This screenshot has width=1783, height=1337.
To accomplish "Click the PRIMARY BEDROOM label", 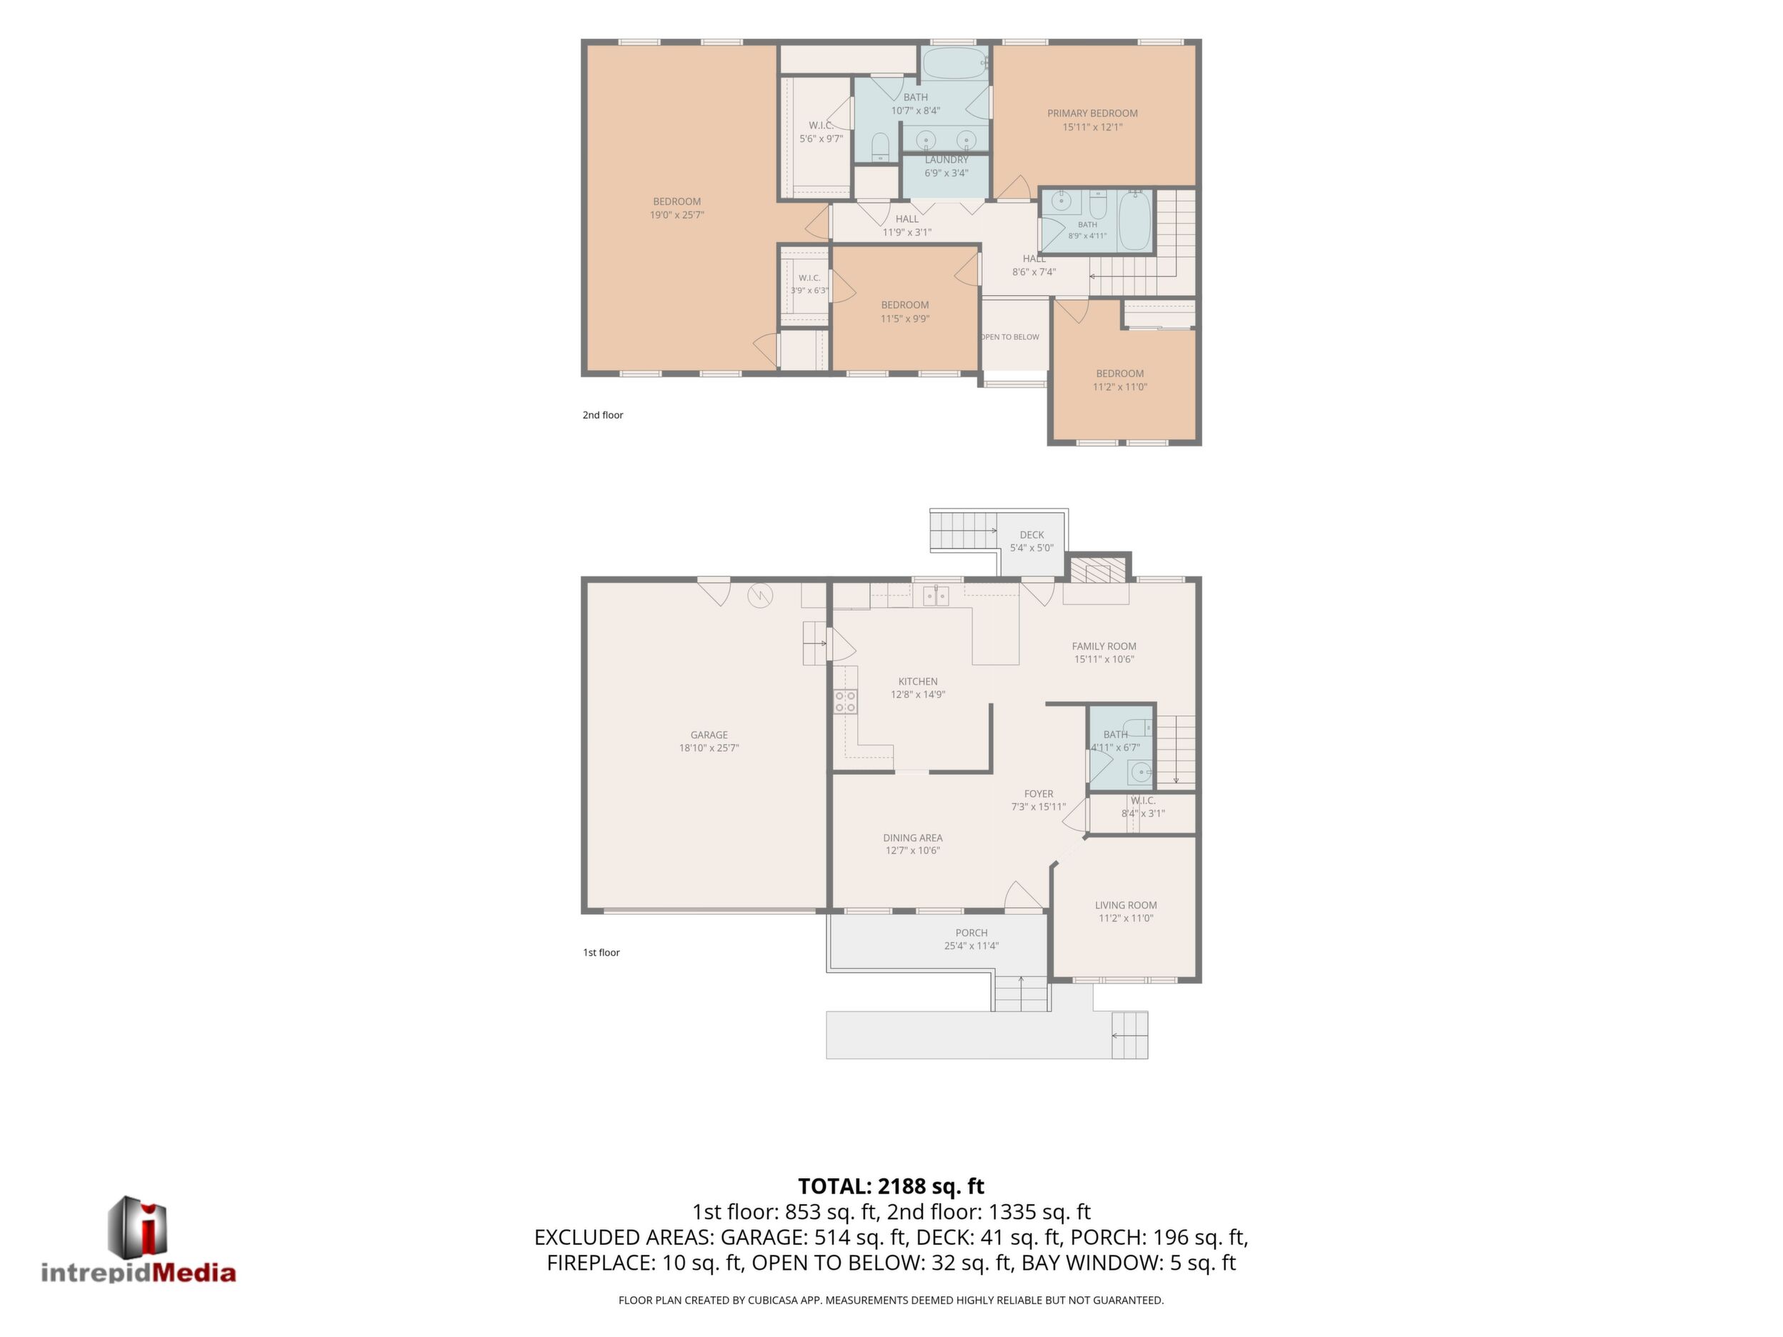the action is (x=1092, y=114).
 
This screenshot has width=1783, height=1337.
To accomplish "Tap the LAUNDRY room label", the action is (x=947, y=159).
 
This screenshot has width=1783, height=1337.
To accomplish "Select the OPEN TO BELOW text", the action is (x=1010, y=337).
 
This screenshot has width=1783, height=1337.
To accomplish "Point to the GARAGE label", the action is (x=709, y=735).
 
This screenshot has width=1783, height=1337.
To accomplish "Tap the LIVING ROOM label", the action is (x=1126, y=905).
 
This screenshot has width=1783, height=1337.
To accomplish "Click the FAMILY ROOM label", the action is (x=1104, y=646).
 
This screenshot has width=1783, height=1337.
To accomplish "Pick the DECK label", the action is (x=1032, y=535).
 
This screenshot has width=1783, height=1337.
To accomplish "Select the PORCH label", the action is (x=972, y=933).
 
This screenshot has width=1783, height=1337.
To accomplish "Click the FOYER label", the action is (x=1039, y=793).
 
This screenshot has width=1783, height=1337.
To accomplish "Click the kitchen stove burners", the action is (x=846, y=701).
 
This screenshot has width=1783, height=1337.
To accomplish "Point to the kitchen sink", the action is (x=936, y=596).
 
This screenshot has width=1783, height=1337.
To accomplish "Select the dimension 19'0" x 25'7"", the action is (x=677, y=215).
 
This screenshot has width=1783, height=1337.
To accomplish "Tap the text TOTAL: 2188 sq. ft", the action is (x=891, y=1186).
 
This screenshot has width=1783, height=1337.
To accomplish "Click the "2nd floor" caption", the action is (x=603, y=415).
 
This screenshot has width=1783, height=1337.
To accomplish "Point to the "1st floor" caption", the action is (x=601, y=953).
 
